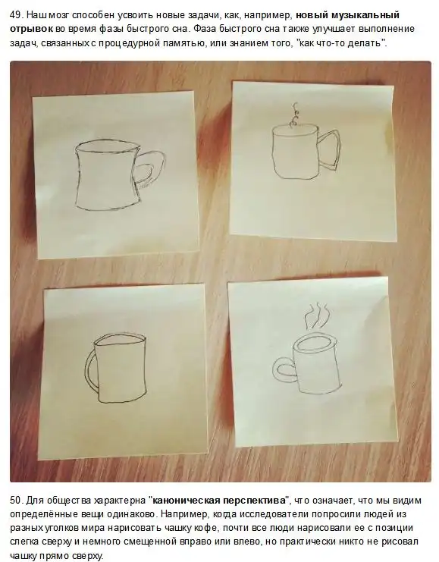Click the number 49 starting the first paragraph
coord(16,15)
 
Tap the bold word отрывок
coord(32,29)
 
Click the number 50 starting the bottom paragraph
coord(16,501)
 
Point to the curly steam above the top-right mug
coord(295,115)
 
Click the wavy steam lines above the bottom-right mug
coord(316,316)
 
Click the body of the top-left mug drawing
coord(106,176)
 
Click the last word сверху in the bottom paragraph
coord(89,556)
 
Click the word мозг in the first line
coord(59,15)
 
